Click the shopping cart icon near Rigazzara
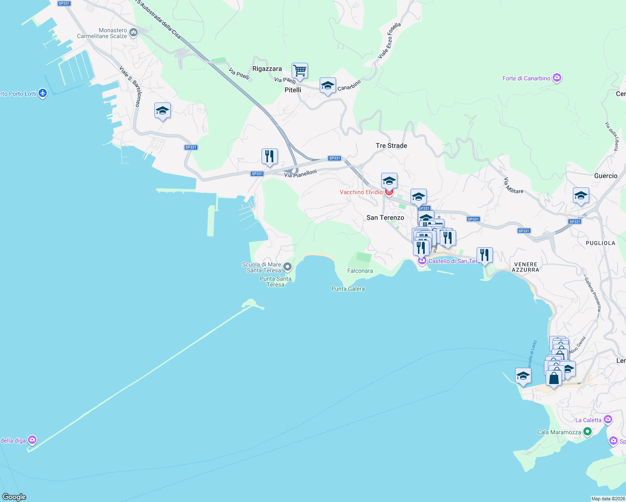(300, 71)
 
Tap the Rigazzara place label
(267, 69)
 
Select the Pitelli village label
(293, 90)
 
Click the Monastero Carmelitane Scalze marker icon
(133, 32)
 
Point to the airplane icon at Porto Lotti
(43, 93)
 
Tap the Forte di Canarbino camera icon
(557, 78)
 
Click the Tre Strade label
(391, 146)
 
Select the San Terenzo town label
(385, 218)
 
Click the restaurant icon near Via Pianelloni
(269, 156)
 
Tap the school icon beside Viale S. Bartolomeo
(162, 111)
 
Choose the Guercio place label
(605, 176)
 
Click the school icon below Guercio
(580, 195)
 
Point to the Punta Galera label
(348, 289)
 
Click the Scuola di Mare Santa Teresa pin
(287, 266)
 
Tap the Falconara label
(360, 271)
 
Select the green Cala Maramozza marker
(587, 431)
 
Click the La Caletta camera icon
(608, 419)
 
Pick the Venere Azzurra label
(525, 267)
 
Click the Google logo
(14, 497)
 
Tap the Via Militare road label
(513, 185)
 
